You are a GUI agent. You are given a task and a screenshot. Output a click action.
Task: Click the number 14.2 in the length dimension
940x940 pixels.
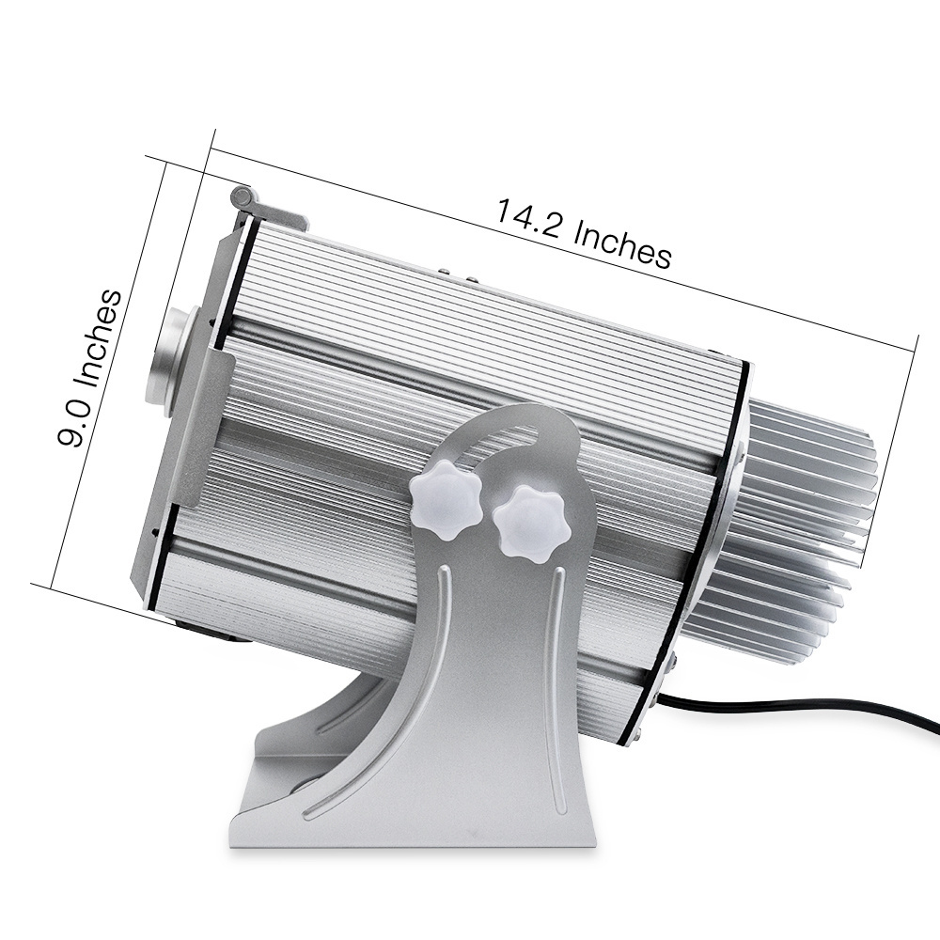click(x=527, y=219)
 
